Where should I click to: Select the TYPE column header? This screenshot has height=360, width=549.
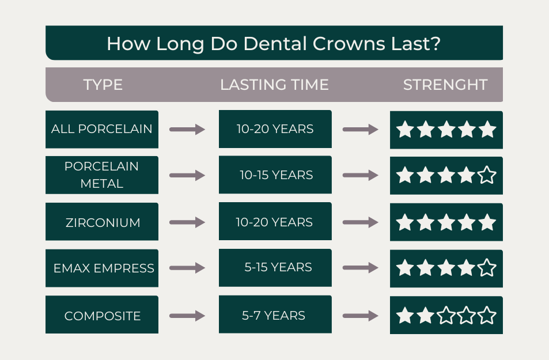[x=103, y=85]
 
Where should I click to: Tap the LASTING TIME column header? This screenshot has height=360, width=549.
[x=274, y=85]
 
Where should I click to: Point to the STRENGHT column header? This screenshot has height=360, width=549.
[x=445, y=85]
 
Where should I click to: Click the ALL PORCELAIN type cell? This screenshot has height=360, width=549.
[x=102, y=129]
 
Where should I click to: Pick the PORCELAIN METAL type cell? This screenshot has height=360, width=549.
[x=102, y=175]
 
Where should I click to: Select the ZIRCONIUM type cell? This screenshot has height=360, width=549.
[x=102, y=222]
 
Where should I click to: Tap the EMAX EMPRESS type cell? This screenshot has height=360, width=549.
[x=102, y=268]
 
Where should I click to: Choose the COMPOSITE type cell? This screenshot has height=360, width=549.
[x=102, y=316]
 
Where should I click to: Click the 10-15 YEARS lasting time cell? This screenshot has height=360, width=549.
[x=276, y=175]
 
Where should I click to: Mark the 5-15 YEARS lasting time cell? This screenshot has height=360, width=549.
[x=276, y=268]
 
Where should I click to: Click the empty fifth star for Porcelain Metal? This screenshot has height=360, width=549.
[x=487, y=175]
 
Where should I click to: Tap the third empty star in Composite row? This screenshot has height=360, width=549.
[x=487, y=316]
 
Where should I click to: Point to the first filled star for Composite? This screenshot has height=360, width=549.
[x=406, y=316]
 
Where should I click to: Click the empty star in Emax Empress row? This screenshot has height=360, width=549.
[x=487, y=268]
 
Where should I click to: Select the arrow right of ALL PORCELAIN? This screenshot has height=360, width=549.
[x=187, y=130]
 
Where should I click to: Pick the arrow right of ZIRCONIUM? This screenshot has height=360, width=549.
[x=187, y=222]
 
